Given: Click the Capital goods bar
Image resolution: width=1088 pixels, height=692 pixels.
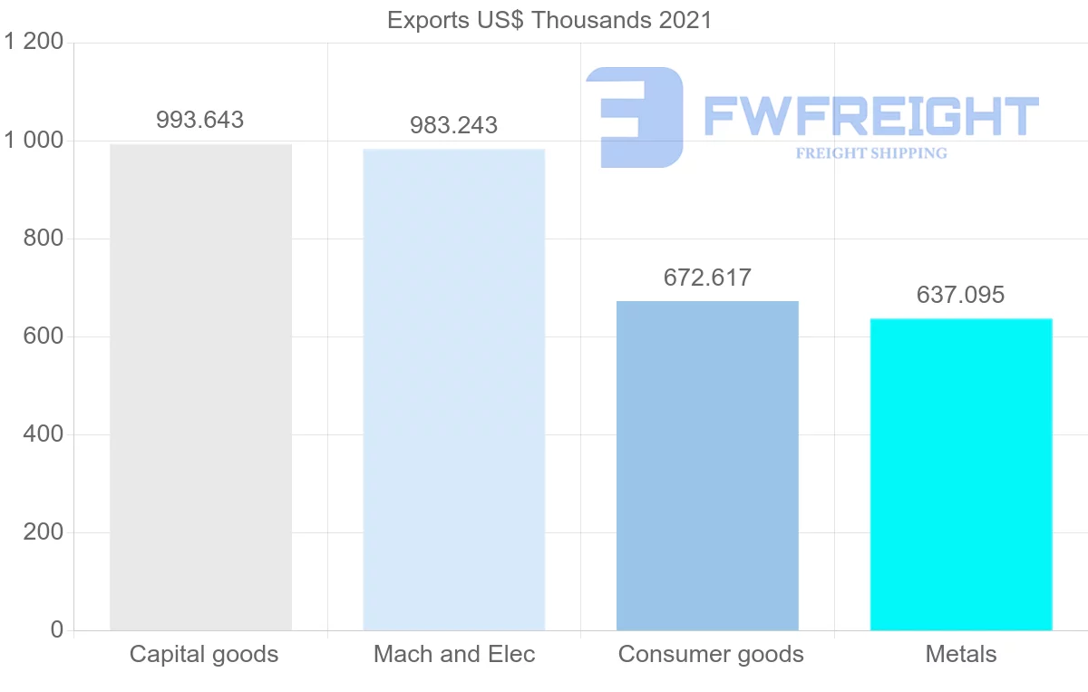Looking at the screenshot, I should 200,387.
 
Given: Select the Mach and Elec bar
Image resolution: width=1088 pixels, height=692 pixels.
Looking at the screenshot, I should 453,390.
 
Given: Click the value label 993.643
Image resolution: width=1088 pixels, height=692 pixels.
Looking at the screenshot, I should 200,120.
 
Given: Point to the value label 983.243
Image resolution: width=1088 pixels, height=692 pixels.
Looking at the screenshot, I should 453,125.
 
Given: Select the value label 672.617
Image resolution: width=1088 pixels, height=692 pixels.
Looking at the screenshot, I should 707,278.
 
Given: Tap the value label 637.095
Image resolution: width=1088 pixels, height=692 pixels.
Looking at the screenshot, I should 961,295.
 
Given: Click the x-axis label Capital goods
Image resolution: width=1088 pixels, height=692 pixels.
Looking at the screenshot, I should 204,654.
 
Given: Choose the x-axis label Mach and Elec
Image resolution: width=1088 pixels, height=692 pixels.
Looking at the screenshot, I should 454,654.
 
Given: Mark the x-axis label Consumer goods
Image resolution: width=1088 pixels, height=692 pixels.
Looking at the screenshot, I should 711,654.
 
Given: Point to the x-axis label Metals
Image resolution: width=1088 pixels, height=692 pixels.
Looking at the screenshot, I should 961,654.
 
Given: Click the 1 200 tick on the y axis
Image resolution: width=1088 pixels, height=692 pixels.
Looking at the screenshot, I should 34,43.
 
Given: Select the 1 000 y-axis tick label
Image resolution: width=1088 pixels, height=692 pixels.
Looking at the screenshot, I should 34,141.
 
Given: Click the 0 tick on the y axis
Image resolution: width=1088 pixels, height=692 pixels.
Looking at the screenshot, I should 56,630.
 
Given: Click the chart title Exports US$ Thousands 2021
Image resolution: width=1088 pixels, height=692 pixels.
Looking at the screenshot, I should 549,20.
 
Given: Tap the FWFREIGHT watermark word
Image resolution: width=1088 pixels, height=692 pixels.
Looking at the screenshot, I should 870,116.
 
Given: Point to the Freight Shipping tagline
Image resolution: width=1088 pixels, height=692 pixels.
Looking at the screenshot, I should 871,153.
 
